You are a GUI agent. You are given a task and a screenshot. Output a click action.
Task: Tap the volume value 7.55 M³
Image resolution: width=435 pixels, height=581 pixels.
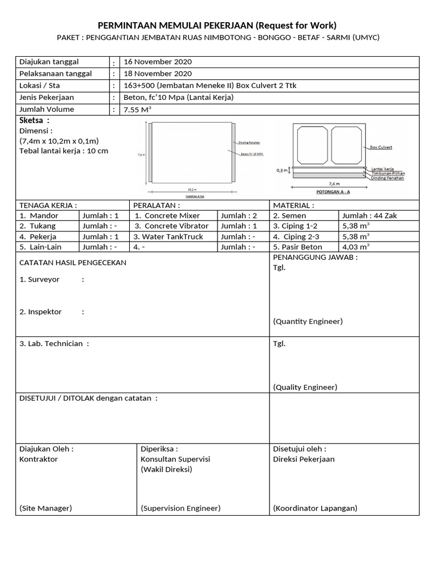point(137,110)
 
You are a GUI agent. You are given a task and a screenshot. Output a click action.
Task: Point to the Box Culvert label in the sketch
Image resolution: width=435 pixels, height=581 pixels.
point(381,147)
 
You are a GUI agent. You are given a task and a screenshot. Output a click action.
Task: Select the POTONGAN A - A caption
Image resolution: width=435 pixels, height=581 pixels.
point(329,192)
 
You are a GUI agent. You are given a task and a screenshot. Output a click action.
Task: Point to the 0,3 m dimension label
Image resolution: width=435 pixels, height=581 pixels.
point(282,170)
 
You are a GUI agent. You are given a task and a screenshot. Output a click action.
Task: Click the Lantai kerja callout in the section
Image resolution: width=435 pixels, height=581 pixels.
point(382,169)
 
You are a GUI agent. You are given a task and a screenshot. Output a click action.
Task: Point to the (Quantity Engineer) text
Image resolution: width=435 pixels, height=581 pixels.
point(308,321)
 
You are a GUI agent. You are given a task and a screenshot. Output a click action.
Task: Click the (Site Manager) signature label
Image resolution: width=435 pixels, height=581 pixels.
point(45,508)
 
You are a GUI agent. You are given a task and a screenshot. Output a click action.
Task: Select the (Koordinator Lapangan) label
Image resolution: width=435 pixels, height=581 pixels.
point(315,508)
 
